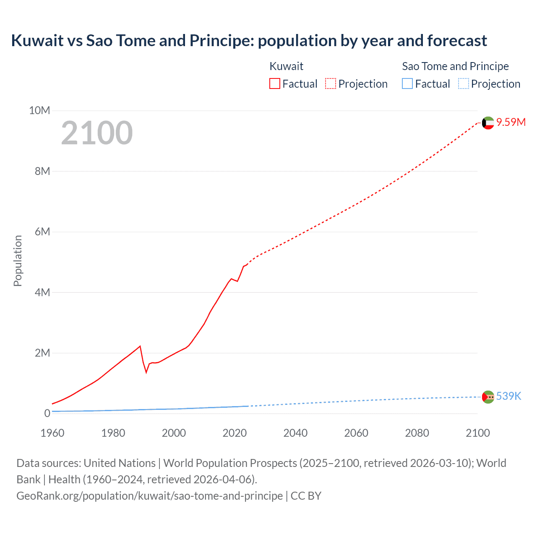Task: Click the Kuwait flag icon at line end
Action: coord(488,123)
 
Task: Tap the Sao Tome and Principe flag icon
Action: coord(488,397)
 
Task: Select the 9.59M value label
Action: coord(511,122)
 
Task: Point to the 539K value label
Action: coord(508,396)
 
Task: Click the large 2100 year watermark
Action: coord(97,133)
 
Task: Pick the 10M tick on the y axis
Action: coord(39,110)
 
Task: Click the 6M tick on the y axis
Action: coord(42,232)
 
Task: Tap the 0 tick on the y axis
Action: coord(47,413)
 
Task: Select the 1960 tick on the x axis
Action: coord(52,433)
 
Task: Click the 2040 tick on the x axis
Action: coord(295,433)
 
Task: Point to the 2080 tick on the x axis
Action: coord(417,433)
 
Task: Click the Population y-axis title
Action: coord(18,261)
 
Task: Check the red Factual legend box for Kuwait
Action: coord(275,84)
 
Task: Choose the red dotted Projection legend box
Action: coord(331,84)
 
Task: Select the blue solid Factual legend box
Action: coord(407,84)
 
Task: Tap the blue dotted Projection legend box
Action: coord(463,84)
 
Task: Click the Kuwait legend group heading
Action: coord(286,66)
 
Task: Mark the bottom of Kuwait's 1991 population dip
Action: coord(146,372)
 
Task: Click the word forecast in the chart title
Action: coord(457,41)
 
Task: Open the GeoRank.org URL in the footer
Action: coord(149,496)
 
